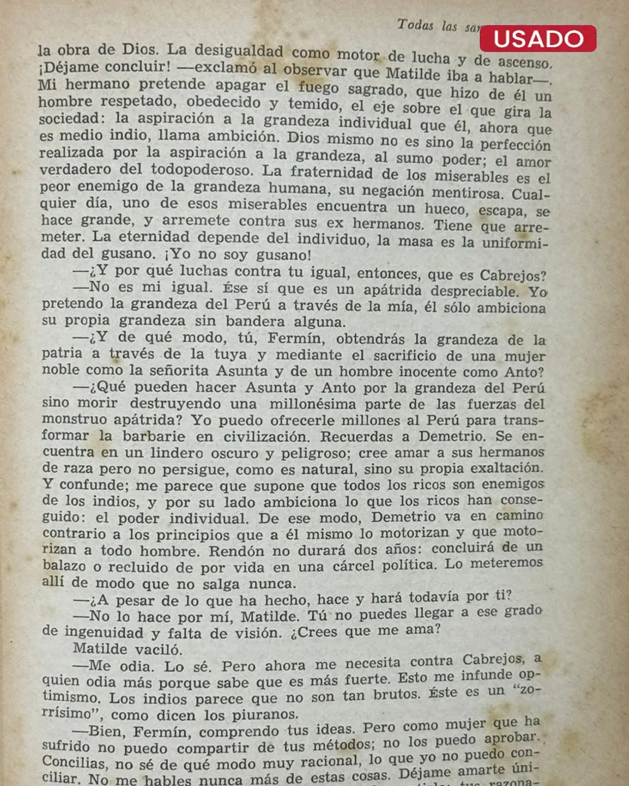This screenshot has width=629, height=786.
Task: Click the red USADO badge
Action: [538, 38]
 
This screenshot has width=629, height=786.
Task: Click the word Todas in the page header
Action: [415, 25]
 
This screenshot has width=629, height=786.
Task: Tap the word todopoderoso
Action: [202, 170]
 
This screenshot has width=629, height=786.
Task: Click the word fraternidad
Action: [331, 172]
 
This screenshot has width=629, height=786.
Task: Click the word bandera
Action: [255, 321]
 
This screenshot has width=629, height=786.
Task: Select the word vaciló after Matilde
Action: [159, 649]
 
